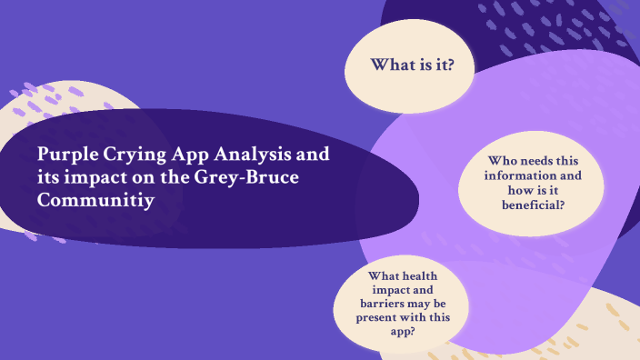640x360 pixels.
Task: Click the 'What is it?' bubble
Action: point(410,65)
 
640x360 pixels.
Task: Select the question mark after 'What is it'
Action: point(451,65)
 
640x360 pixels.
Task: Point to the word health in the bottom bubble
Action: point(423,276)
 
